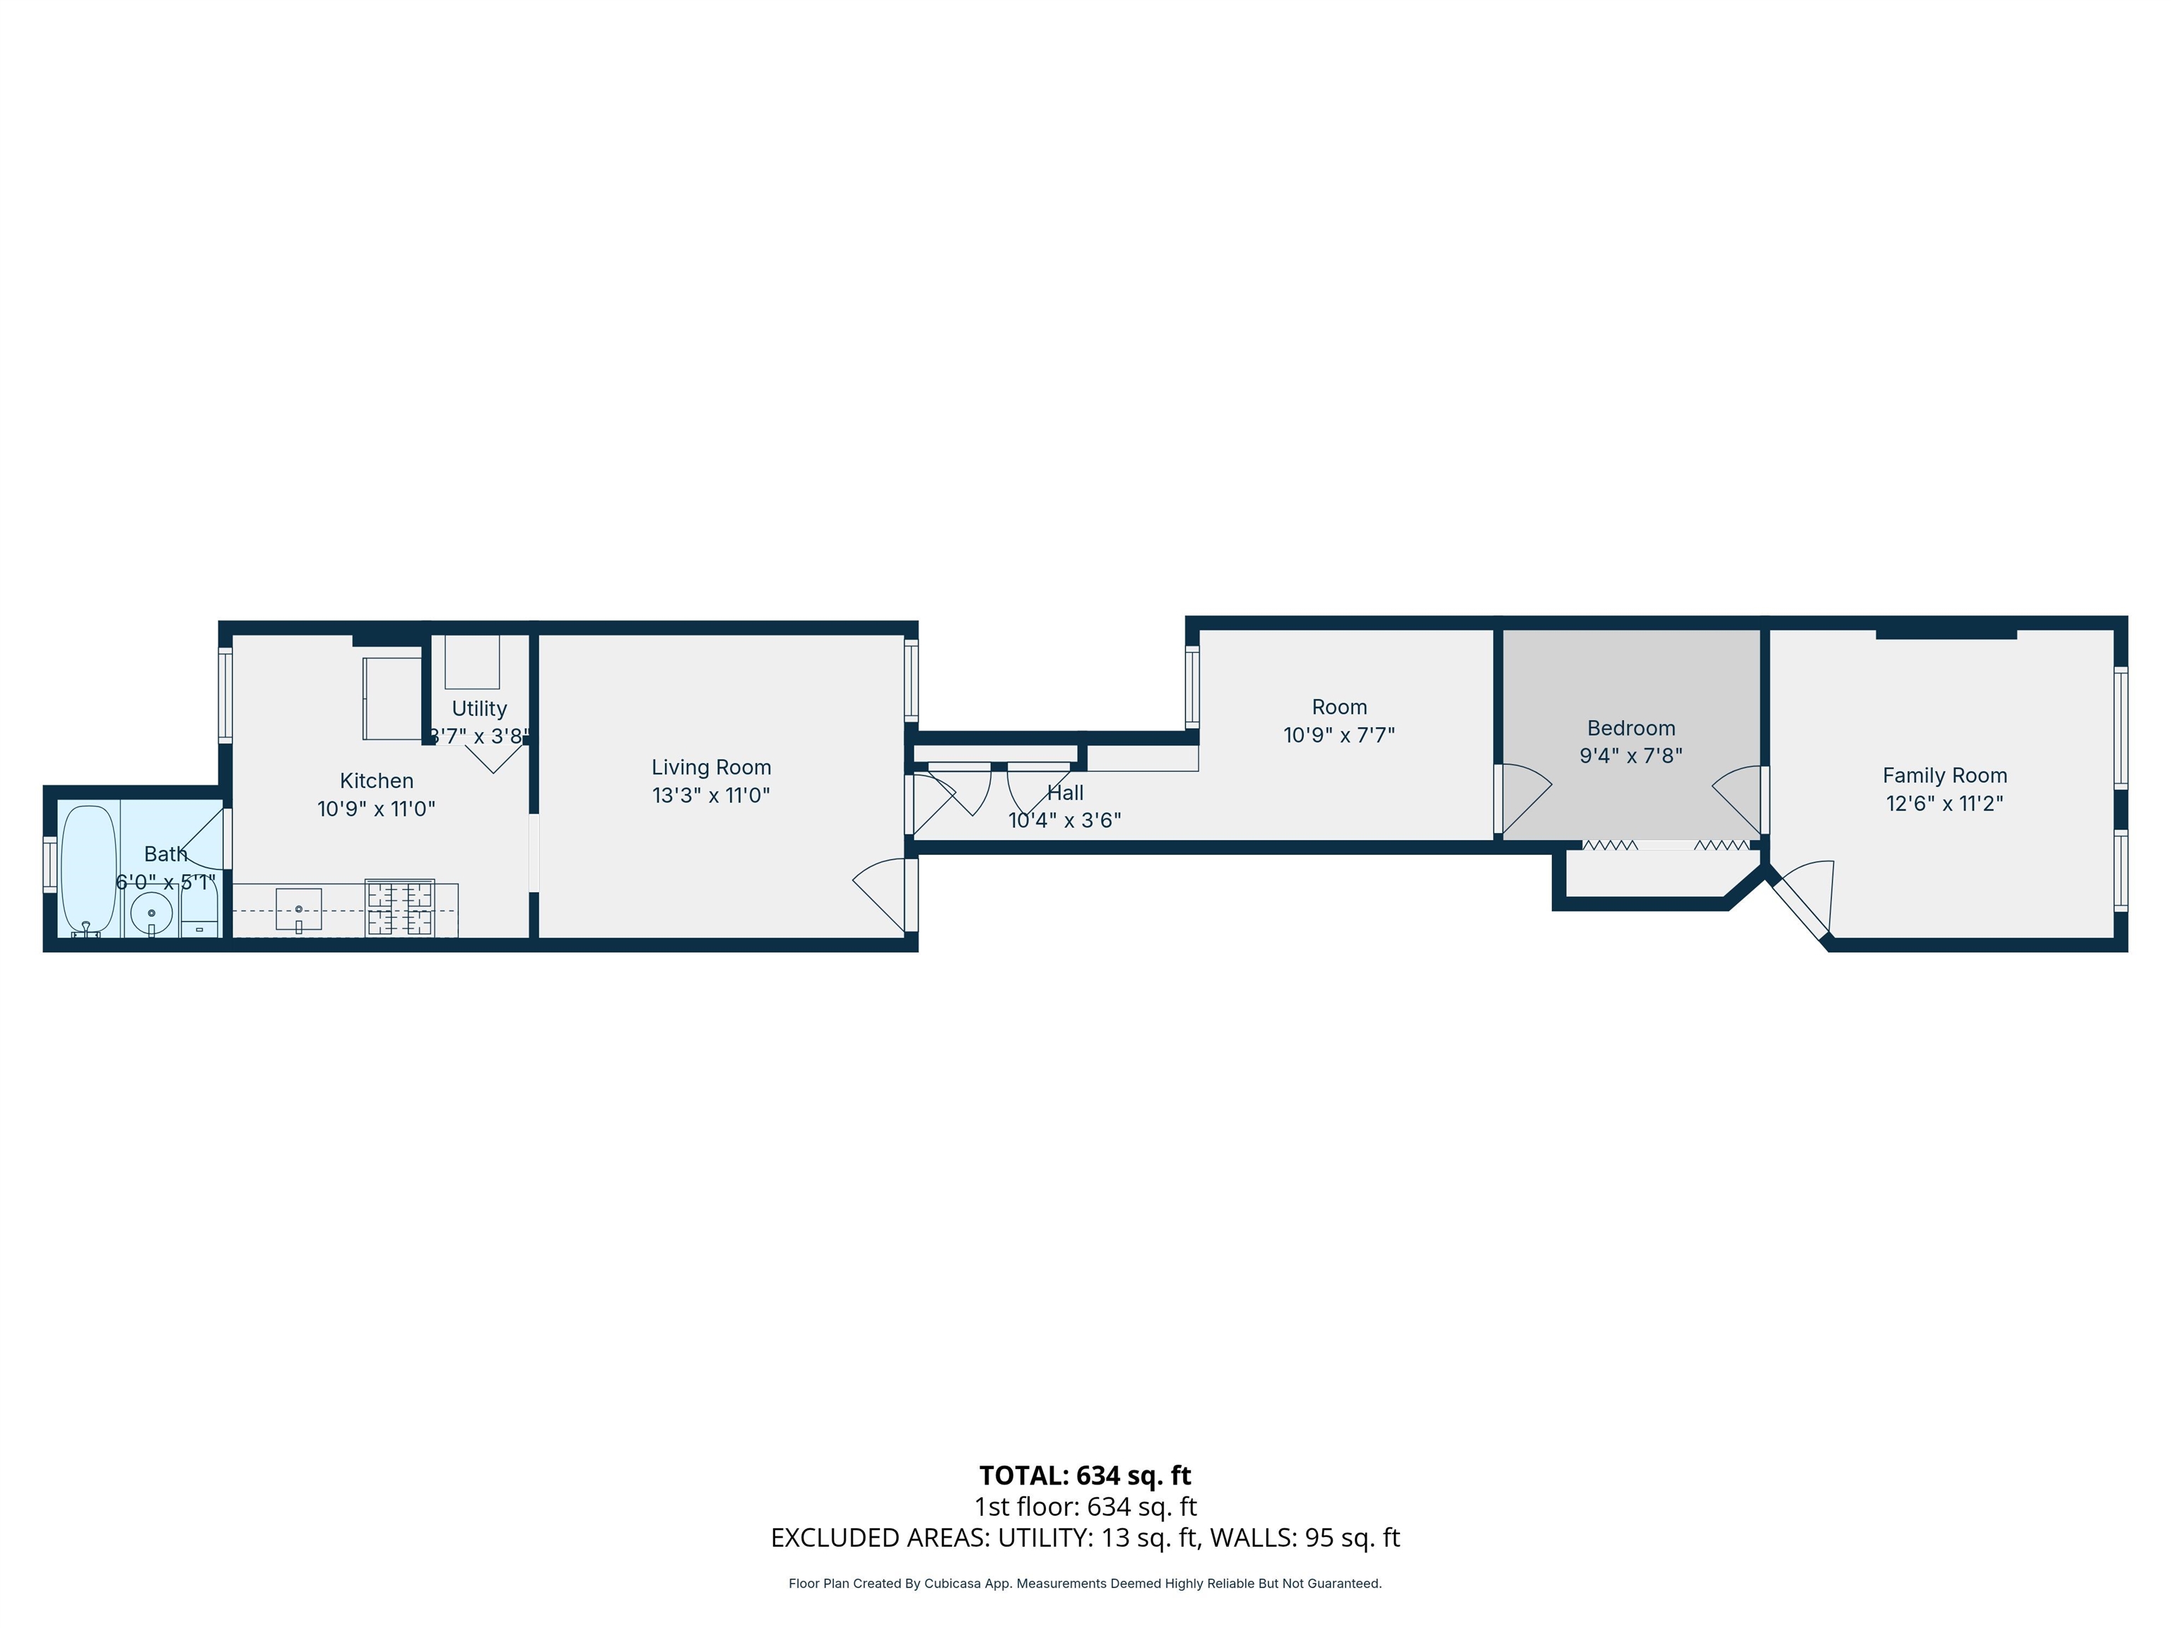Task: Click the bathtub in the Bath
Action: click(88, 868)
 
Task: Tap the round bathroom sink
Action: click(151, 914)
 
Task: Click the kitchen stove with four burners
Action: click(399, 909)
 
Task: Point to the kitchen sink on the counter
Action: click(298, 909)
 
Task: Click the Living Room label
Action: click(710, 767)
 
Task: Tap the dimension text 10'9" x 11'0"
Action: click(376, 808)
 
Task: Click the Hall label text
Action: click(1065, 793)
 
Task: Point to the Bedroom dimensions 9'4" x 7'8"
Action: click(1630, 755)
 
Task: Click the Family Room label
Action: click(1944, 775)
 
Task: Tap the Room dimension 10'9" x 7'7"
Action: click(1339, 735)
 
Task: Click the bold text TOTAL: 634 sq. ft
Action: click(1085, 1475)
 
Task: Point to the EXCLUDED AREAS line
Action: click(1085, 1538)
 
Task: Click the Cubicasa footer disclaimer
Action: click(1085, 1583)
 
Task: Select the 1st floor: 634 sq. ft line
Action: click(1085, 1506)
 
